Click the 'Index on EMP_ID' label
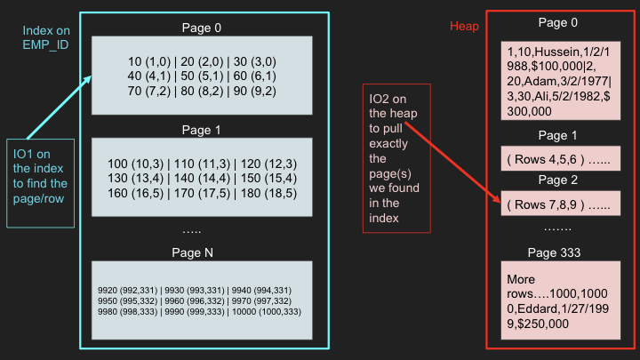pos(46,37)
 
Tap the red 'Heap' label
pos(464,26)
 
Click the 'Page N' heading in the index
pos(192,252)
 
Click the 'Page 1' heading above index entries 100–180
pos(201,130)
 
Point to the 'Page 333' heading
pos(554,252)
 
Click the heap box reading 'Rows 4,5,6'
pos(560,158)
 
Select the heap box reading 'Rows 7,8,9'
pos(560,204)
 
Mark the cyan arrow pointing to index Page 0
pos(59,108)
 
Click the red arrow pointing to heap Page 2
pos(452,162)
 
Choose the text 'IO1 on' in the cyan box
pos(32,154)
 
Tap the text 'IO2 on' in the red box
pos(388,99)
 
